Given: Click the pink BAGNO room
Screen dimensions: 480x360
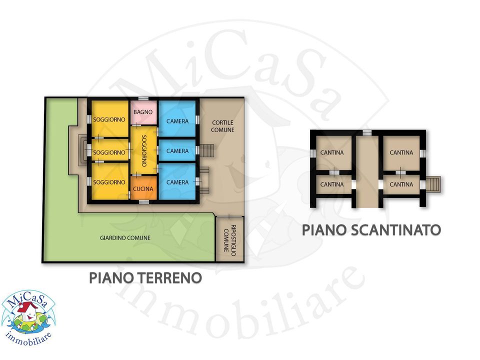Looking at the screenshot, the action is [x=143, y=112].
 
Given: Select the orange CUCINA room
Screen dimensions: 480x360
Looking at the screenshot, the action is [x=143, y=187].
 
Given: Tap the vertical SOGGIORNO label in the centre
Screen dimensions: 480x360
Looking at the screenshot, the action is [x=144, y=150].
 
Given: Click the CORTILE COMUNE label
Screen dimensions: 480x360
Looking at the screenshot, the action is [x=222, y=126].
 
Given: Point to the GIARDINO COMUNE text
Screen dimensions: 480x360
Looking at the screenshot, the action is [x=125, y=238].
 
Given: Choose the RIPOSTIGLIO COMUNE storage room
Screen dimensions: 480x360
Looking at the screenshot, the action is [x=229, y=239].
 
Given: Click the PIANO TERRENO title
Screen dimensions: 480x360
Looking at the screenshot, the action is [x=145, y=278].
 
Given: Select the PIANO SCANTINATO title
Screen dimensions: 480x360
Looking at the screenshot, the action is [x=371, y=230].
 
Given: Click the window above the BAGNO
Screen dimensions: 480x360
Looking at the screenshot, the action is [x=143, y=98].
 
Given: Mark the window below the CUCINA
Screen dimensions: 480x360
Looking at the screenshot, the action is [x=143, y=201].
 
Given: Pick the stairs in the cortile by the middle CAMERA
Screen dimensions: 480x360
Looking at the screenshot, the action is [x=207, y=151].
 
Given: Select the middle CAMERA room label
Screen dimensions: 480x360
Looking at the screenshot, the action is [x=177, y=151].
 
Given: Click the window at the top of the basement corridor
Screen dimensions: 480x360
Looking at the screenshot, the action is [x=367, y=132].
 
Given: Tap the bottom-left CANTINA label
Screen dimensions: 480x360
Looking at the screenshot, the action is [x=332, y=184].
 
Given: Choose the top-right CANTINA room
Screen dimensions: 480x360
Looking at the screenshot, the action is [x=401, y=153].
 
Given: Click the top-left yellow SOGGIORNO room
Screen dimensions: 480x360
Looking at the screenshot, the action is [x=110, y=119].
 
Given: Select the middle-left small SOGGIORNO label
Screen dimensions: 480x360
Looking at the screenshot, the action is [x=109, y=152].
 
